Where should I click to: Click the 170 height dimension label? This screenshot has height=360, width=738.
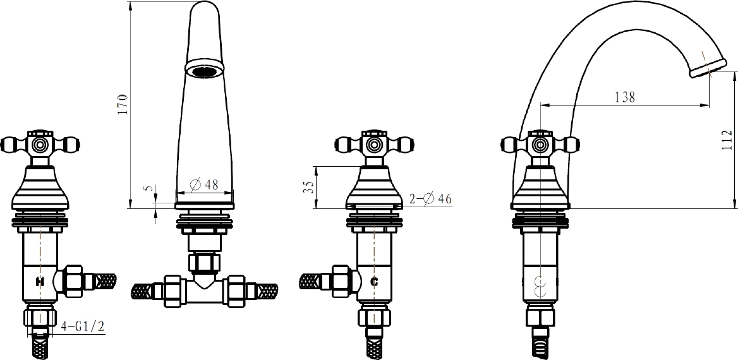pos(123,104)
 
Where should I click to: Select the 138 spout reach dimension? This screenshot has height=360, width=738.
pos(625,97)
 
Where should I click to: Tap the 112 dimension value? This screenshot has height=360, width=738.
pos(727,140)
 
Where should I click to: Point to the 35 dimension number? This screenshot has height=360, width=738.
pos(308,188)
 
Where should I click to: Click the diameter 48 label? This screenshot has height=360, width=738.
pos(204,184)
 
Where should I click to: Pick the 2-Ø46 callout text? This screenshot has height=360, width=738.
pos(430,199)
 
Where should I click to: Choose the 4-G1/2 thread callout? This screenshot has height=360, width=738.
pos(83,327)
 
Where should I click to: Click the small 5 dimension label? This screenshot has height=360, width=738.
pos(149,188)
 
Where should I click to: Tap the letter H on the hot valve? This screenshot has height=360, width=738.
pos(40,282)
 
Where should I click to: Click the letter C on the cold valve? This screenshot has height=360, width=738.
pos(375,282)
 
